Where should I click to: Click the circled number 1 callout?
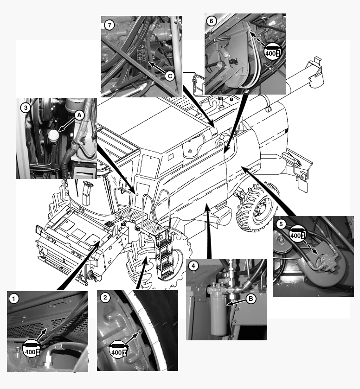[x=14, y=299]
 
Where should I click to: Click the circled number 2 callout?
[x=105, y=298]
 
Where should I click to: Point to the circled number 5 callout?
[x=281, y=224]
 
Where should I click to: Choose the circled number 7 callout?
[x=109, y=25]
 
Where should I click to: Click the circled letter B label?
[x=251, y=299]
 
